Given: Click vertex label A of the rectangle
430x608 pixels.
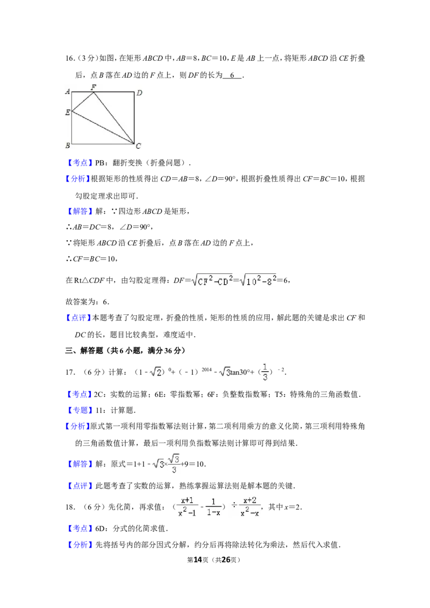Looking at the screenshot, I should click(68, 92).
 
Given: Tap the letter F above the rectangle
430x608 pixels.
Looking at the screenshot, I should click(94, 86).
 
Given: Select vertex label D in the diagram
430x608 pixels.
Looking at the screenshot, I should click(139, 93).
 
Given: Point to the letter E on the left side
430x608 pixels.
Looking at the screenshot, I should click(68, 112).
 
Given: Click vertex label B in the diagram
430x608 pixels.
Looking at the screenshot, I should click(68, 146).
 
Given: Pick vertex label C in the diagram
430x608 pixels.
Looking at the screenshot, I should click(139, 146).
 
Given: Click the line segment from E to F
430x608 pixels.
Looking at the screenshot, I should click(83, 102).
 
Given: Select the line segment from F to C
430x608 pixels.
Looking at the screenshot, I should click(114, 118).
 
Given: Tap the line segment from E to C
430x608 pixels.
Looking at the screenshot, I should click(102, 127).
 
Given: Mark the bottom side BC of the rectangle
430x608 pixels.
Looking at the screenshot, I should click(102, 144).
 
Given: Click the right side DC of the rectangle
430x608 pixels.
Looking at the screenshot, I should click(134, 118).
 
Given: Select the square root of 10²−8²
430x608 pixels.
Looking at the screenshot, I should click(260, 279).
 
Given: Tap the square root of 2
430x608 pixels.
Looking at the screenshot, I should click(155, 372).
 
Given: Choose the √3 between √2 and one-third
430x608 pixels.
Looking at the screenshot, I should click(224, 372).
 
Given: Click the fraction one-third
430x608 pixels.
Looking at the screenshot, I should click(265, 372).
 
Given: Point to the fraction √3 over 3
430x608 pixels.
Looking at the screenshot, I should click(173, 464).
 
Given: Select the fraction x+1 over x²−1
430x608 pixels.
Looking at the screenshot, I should click(187, 507).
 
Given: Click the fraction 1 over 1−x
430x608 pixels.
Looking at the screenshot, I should click(213, 507).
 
